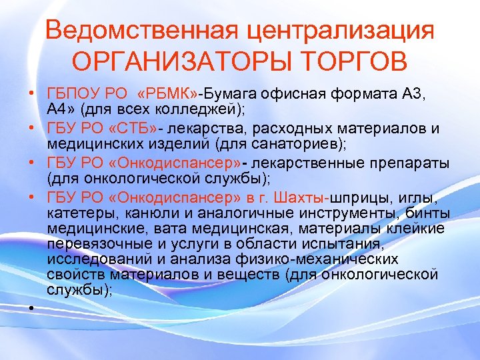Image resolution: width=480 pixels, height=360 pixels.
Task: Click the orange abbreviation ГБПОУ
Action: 69,94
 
